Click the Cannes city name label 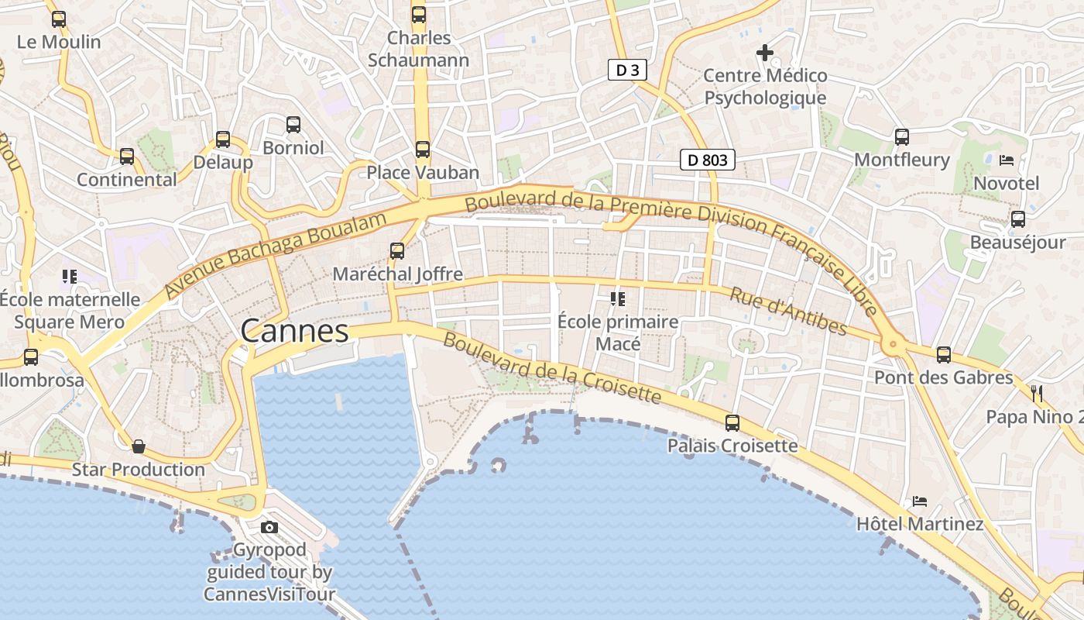point(294,331)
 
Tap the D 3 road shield point(626,71)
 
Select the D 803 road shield point(707,160)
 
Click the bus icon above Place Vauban point(422,150)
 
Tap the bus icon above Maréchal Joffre point(397,251)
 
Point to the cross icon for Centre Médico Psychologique point(765,53)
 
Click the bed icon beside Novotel point(1007,160)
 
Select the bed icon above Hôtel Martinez point(920,501)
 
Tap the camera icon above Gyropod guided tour point(269,528)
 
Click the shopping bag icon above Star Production point(139,446)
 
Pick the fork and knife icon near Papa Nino point(1038,394)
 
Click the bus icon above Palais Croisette point(732,423)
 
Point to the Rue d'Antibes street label point(788,311)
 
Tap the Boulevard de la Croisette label point(552,369)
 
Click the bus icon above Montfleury point(902,137)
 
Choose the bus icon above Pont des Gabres point(944,355)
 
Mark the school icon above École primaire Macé point(617,298)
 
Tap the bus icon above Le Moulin point(59,19)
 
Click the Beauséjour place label point(1017,243)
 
